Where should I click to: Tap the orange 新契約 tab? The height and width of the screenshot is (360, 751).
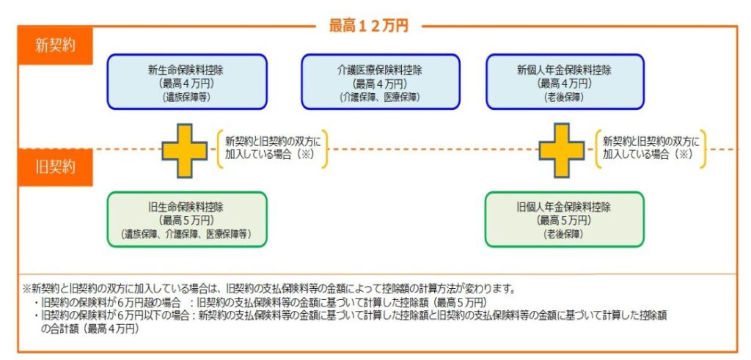click(55, 45)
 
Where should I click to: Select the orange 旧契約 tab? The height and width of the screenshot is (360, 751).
click(55, 166)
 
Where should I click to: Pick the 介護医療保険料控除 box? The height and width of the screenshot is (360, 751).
click(380, 82)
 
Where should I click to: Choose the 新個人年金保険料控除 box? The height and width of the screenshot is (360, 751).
click(564, 82)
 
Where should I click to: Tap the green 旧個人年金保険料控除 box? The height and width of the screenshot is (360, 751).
click(564, 219)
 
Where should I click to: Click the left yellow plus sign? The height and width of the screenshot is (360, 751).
click(184, 150)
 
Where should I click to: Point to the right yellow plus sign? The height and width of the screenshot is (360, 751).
click(562, 150)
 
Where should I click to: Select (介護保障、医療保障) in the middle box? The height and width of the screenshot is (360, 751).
click(380, 97)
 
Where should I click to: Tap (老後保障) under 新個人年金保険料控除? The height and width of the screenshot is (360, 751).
click(564, 97)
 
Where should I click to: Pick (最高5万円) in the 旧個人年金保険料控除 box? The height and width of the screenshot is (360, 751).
click(564, 220)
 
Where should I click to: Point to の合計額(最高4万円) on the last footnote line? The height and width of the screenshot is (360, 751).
click(88, 329)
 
